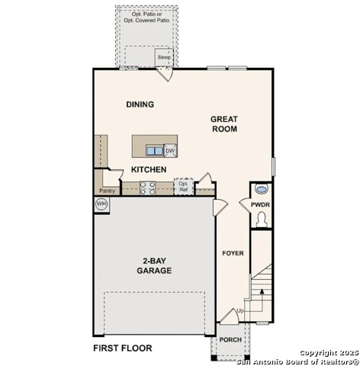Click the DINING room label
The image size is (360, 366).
[x=140, y=104]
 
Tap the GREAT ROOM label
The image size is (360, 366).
[x=225, y=124]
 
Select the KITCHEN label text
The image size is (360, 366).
[x=149, y=169]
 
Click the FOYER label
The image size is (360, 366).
[x=232, y=253]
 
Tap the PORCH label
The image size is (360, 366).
[x=230, y=340]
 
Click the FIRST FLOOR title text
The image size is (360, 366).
[x=122, y=348]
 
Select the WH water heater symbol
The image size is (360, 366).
[x=101, y=204]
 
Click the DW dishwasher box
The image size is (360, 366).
[x=170, y=151]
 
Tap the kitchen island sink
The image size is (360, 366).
[x=153, y=151]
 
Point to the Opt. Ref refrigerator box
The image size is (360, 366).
[x=183, y=186]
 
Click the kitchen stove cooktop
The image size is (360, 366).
[x=148, y=188]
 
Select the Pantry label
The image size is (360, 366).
[x=108, y=191]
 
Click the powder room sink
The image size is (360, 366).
[x=262, y=190]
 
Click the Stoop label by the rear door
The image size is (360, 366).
[x=164, y=57]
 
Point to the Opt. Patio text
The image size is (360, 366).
[x=146, y=14]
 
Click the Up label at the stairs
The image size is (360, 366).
[x=240, y=312]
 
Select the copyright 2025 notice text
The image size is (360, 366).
[x=327, y=352]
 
